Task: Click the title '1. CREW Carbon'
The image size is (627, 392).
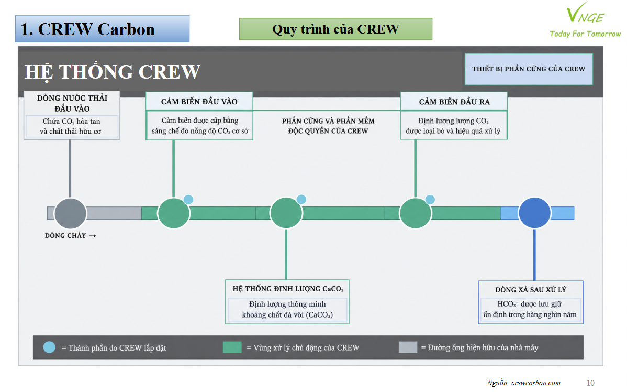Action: point(87,29)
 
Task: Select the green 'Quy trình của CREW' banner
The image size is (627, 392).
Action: point(335,29)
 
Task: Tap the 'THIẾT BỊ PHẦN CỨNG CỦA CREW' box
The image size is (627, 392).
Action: point(529,69)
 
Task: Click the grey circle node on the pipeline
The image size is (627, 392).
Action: point(70,213)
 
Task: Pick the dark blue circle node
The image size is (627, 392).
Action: point(535,213)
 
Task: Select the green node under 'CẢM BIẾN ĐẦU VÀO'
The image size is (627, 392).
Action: point(174,213)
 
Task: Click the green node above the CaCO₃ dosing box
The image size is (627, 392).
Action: point(286,213)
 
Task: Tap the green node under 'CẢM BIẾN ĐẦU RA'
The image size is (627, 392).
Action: point(416,213)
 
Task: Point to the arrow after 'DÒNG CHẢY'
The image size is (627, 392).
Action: point(92,236)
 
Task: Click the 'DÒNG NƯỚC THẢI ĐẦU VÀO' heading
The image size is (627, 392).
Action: point(72,103)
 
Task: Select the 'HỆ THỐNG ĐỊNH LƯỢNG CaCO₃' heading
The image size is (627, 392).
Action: point(288,289)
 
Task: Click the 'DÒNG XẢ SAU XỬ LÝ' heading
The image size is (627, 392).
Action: point(531,289)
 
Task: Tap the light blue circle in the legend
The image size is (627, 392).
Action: point(49,347)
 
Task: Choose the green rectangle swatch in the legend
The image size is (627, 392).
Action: point(232,347)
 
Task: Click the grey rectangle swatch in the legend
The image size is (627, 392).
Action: point(408,347)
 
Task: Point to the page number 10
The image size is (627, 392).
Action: point(590,383)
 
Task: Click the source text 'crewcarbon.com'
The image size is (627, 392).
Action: point(536,383)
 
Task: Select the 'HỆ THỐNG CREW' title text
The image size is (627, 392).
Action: point(113,72)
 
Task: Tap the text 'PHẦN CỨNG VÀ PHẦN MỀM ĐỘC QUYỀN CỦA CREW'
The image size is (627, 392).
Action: point(328,126)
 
